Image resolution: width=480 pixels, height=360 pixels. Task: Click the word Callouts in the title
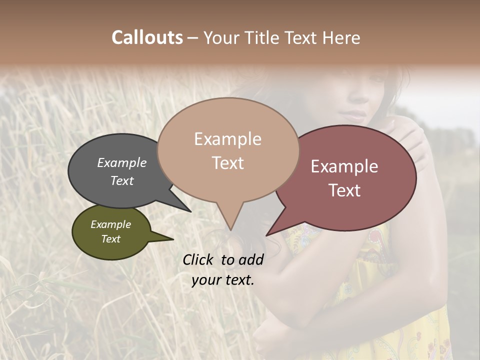[x=147, y=37]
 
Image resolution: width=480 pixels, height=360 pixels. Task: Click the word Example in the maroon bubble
[x=344, y=166]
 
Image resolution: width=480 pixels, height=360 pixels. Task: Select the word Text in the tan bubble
[x=228, y=163]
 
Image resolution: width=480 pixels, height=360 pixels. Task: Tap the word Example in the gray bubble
[x=121, y=162]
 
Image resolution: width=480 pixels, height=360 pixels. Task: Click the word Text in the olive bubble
[x=111, y=239]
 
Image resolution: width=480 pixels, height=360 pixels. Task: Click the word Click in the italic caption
[x=198, y=259]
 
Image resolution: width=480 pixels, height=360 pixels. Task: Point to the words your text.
[x=222, y=280]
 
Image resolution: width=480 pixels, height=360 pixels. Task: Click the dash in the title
[x=193, y=38]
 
